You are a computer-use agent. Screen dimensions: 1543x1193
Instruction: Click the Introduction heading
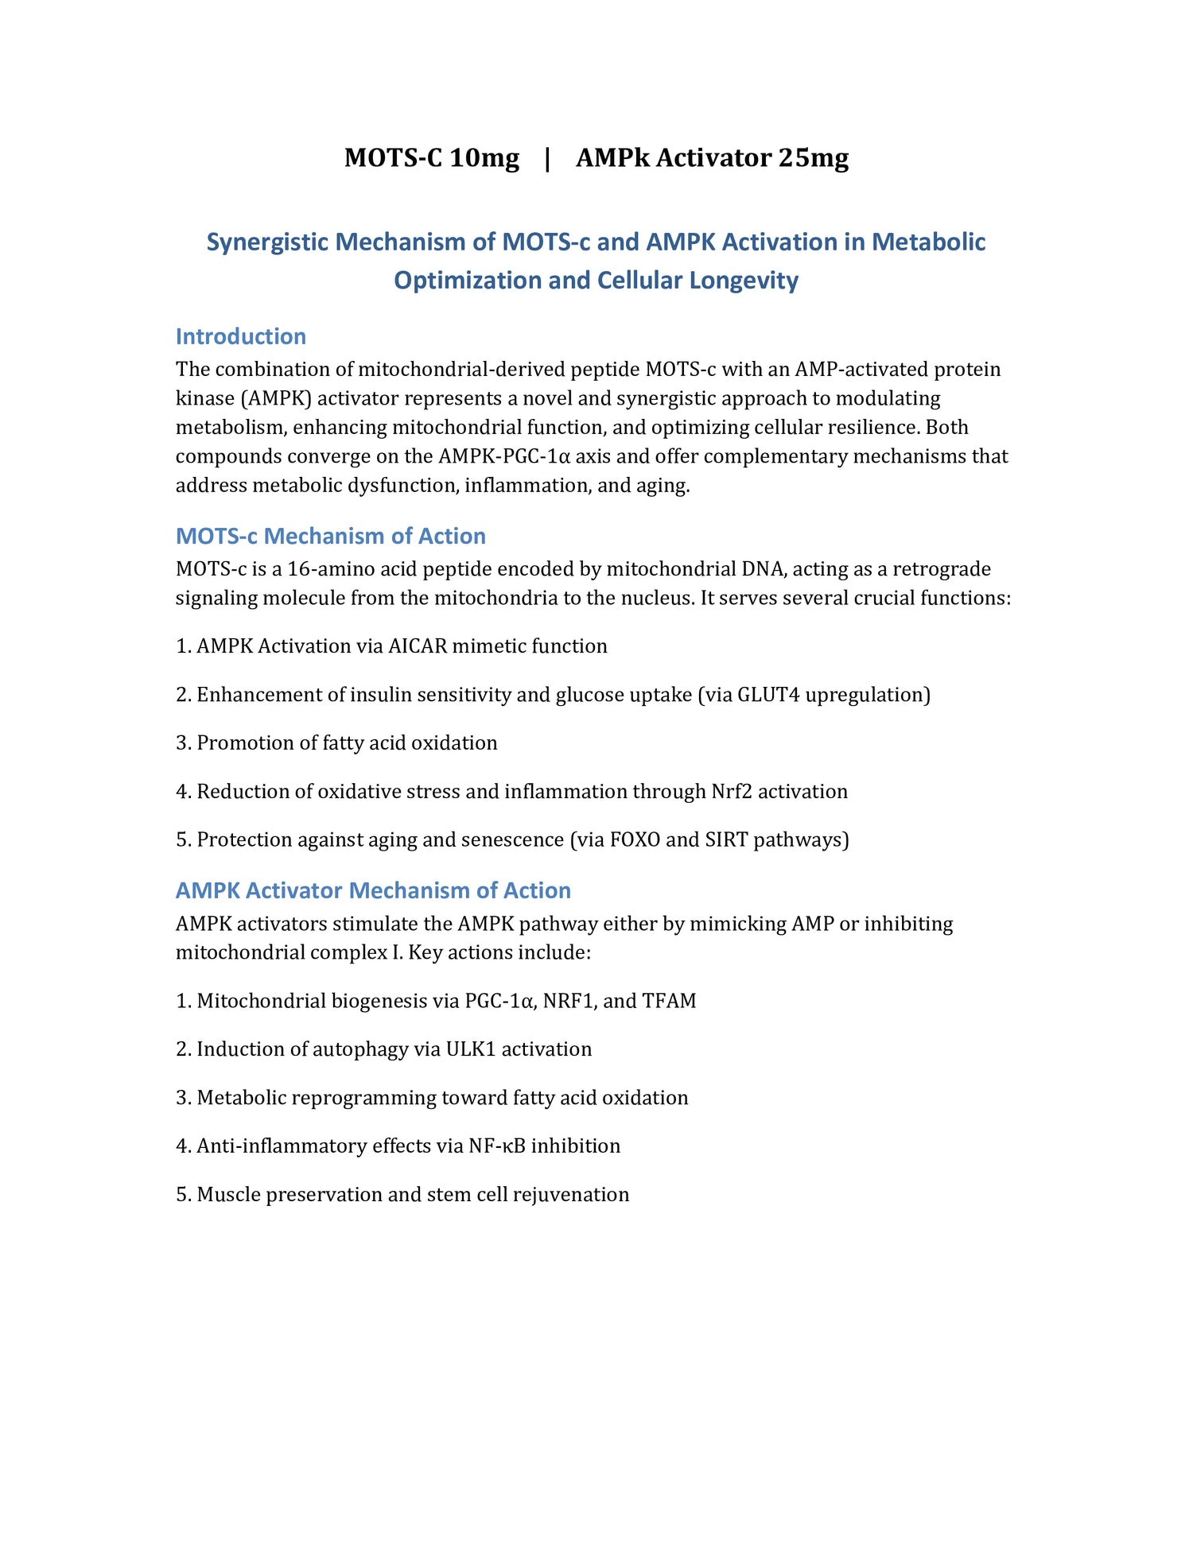[240, 336]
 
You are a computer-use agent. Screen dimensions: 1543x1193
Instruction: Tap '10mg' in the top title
[484, 157]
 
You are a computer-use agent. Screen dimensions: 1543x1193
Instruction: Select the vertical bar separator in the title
[547, 157]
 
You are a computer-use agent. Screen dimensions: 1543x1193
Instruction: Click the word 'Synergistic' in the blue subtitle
[268, 242]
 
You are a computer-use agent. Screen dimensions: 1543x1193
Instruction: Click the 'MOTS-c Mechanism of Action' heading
[330, 536]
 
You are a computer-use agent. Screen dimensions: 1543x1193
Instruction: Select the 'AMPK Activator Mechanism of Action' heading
[373, 890]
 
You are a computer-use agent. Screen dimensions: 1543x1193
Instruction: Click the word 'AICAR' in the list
[417, 646]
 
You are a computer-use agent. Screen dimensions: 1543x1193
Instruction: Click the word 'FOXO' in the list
[635, 840]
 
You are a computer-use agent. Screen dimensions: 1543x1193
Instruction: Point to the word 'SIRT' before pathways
[726, 840]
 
